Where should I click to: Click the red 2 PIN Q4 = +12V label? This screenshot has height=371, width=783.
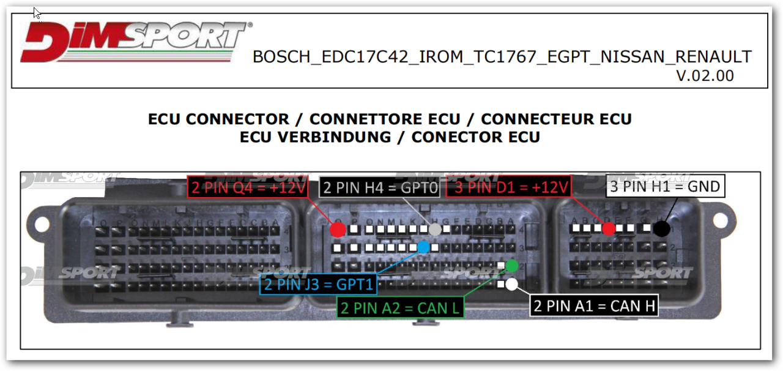[x=248, y=187]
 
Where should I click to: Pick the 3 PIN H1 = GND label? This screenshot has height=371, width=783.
[x=665, y=186]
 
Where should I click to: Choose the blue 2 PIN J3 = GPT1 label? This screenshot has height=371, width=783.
[x=318, y=285]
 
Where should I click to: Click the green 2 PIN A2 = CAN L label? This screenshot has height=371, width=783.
[x=400, y=307]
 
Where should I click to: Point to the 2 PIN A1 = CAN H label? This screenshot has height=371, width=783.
[x=594, y=306]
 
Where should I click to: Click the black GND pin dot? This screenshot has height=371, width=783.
[x=661, y=229]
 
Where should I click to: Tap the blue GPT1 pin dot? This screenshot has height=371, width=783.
[x=423, y=247]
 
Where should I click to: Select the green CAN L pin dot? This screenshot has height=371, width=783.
[x=512, y=266]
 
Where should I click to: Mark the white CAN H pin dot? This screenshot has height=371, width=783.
[x=512, y=284]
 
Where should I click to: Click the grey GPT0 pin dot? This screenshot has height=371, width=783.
[x=434, y=229]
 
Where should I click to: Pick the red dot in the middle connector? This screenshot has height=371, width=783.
[x=337, y=230]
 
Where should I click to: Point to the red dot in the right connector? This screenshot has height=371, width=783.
[x=608, y=229]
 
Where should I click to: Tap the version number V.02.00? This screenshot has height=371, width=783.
[x=705, y=76]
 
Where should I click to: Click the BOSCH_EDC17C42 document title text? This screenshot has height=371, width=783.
[x=502, y=57]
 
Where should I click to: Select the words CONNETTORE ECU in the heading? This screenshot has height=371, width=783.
[x=391, y=119]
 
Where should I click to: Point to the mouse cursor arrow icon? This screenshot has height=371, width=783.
[x=37, y=13]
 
